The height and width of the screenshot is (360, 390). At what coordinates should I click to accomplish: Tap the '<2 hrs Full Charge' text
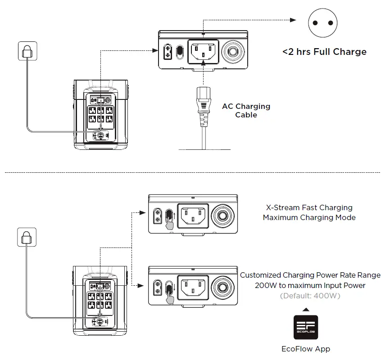coord(324,52)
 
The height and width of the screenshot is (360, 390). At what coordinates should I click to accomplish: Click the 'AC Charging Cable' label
coord(246,111)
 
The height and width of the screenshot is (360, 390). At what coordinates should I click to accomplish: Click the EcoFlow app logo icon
coord(306,327)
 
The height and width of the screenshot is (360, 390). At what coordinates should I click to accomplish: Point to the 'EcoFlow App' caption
coord(306,349)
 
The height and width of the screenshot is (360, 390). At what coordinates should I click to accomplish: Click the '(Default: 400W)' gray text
coord(310,296)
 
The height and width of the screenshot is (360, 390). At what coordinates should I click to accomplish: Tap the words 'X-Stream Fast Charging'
coord(309,208)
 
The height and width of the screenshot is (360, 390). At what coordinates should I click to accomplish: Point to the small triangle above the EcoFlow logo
coord(306,310)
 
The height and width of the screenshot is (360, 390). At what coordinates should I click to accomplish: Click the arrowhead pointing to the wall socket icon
coord(293,20)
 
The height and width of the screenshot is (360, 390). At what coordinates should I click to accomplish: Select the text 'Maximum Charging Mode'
coord(309,218)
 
